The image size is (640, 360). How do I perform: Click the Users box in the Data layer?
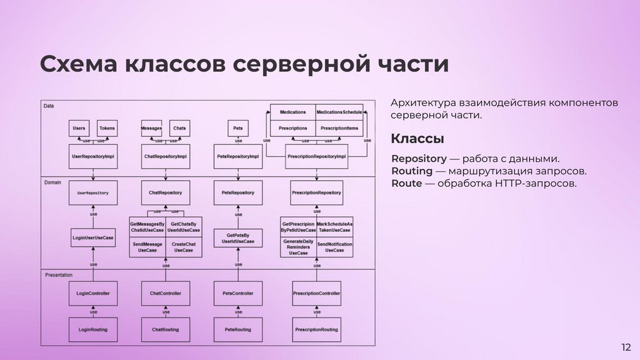79,128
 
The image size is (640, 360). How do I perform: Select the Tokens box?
107,128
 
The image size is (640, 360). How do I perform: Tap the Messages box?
152,128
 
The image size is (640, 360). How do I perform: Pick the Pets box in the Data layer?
238,128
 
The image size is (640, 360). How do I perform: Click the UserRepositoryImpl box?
93,156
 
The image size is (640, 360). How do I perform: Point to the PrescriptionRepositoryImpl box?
316,156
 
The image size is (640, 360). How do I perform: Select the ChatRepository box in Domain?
166,193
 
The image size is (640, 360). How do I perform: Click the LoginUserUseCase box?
93,238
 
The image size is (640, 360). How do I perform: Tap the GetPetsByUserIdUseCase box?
238,237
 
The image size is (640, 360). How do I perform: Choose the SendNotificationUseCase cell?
334,247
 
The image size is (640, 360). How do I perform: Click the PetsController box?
238,293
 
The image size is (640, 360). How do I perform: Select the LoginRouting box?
93,329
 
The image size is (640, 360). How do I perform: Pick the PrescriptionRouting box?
316,329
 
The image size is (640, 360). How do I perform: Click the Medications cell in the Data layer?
292,112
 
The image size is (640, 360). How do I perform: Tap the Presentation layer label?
59,274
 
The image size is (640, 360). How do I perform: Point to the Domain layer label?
52,182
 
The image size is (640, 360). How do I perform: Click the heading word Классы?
417,138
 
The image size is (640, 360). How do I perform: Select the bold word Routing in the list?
412,171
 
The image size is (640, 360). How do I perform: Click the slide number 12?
626,347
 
